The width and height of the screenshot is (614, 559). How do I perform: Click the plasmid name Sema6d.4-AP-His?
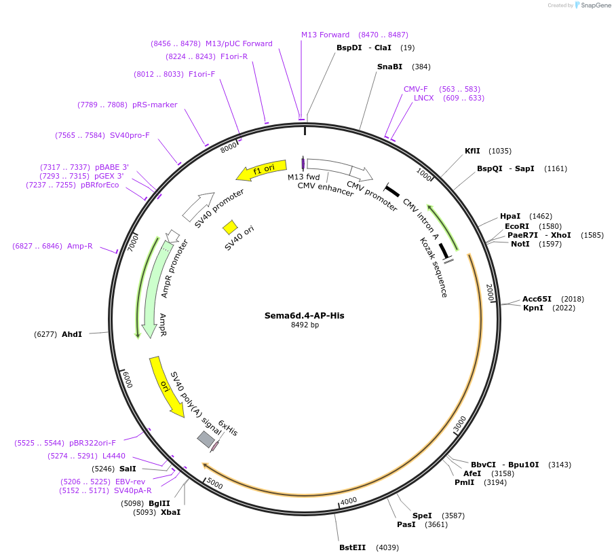click(304, 315)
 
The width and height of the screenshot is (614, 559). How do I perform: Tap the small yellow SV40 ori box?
click(230, 227)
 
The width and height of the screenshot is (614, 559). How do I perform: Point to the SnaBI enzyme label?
click(389, 67)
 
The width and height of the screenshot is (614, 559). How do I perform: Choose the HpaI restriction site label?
click(510, 216)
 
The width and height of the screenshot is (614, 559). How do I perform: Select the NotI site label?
click(520, 244)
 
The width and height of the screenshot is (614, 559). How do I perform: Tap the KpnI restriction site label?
click(533, 308)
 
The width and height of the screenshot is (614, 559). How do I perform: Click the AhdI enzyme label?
click(72, 334)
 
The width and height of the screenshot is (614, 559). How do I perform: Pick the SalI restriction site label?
click(128, 469)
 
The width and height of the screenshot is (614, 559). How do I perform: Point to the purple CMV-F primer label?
click(416, 89)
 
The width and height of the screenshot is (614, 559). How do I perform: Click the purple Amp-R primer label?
click(80, 246)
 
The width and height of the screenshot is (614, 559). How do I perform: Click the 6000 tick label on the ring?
click(126, 380)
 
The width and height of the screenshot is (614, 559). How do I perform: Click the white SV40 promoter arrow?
click(197, 206)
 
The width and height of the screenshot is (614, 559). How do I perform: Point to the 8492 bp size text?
click(304, 325)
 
